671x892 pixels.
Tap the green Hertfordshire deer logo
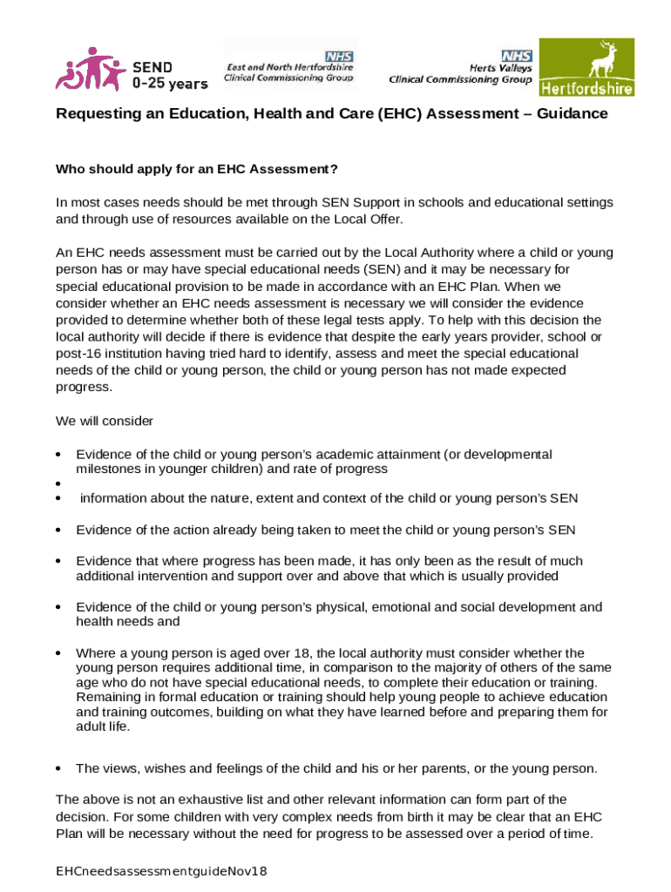click(586, 67)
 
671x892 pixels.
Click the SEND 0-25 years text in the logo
click(169, 75)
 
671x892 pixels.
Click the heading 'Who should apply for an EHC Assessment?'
click(197, 169)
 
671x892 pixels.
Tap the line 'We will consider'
click(105, 421)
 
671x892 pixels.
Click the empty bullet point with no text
click(58, 483)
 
